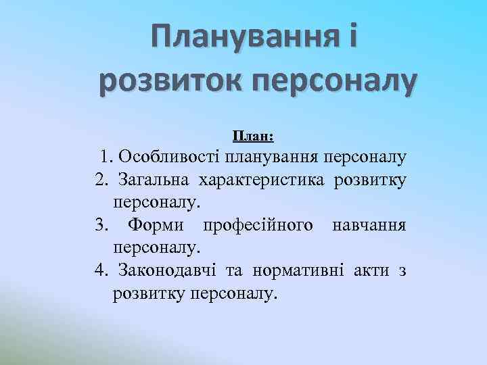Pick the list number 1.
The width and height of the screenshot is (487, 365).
click(x=106, y=158)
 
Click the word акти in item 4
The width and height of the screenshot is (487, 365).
click(x=370, y=270)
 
